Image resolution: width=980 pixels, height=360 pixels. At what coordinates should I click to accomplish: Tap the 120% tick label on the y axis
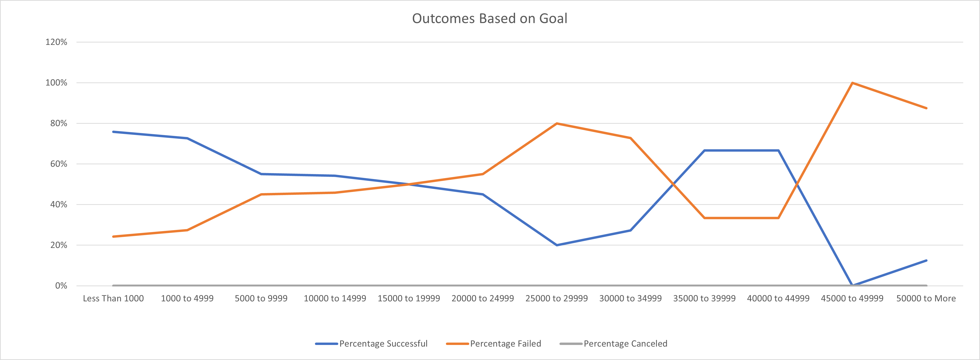pos(56,42)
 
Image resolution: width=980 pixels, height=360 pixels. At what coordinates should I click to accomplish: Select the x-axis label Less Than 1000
pos(113,298)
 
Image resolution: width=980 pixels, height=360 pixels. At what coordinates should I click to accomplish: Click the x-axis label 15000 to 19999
pos(409,298)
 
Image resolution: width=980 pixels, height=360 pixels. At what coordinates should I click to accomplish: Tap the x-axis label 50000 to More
pos(926,298)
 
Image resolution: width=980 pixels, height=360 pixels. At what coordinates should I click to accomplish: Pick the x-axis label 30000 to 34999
pos(630,298)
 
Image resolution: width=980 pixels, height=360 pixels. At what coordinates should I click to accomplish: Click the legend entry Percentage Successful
pos(383,344)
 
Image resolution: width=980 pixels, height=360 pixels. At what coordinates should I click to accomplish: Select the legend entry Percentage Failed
pos(505,344)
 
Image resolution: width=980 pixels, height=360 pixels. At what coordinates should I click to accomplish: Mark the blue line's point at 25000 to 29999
pos(557,245)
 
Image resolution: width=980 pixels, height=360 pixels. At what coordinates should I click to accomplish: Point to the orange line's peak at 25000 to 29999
pos(557,123)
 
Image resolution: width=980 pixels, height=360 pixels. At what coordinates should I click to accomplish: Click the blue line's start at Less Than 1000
pos(113,132)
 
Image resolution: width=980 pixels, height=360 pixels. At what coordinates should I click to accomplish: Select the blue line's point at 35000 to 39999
pos(704,150)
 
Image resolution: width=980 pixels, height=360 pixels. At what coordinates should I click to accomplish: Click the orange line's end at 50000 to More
pos(926,108)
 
